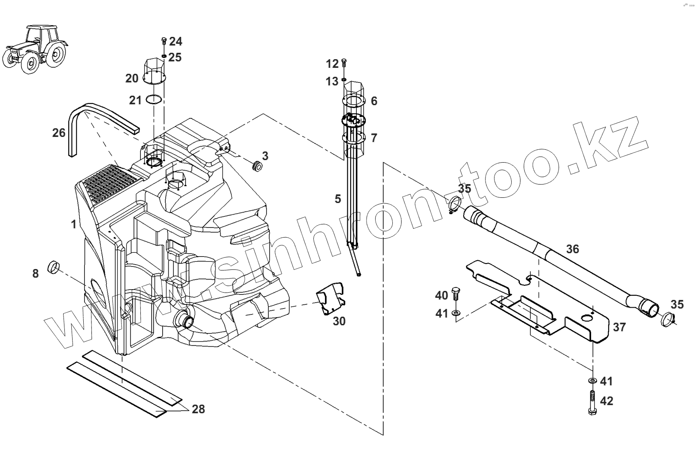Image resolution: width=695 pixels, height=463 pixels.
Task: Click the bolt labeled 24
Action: click(164, 41)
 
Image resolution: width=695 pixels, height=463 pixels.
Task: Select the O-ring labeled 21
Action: click(154, 100)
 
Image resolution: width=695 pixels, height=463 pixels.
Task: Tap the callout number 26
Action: click(59, 133)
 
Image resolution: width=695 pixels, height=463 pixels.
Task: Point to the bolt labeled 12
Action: click(344, 64)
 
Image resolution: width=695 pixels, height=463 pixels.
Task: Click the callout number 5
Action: click(338, 199)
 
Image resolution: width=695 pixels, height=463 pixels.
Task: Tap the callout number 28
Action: click(198, 409)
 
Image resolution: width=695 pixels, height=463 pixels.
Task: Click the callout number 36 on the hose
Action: click(573, 249)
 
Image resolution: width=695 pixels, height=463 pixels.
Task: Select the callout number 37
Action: click(619, 327)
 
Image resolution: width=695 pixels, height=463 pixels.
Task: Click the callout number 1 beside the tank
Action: click(74, 224)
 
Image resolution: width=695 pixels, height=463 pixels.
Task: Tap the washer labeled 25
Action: click(164, 56)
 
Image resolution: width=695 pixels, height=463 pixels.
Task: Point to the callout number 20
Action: click(132, 79)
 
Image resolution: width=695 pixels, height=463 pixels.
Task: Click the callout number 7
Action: click(374, 138)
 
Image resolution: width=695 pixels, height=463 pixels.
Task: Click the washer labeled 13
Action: click(344, 80)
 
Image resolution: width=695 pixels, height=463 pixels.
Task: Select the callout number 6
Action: click(374, 101)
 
